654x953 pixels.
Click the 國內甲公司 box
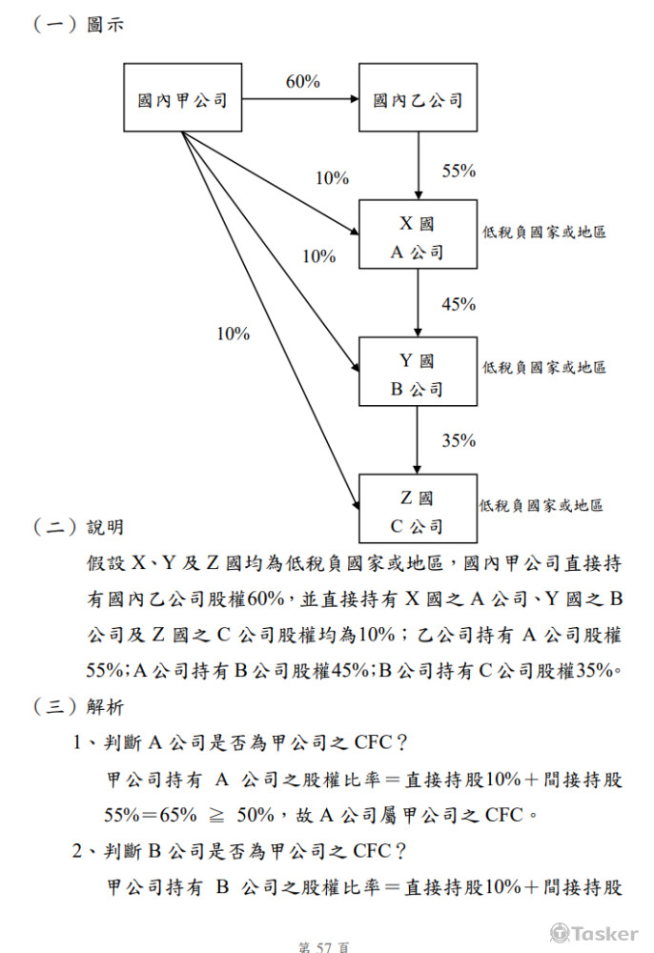pos(183,97)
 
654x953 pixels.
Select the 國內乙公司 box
pos(418,97)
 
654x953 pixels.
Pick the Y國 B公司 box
pos(418,372)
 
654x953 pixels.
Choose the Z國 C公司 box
pos(418,509)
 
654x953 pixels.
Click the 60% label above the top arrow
pos(303,82)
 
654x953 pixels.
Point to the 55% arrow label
pos(459,171)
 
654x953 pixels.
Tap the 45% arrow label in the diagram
pos(459,304)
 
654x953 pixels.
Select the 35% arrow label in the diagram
pos(459,440)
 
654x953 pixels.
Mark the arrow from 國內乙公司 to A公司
pos(419,165)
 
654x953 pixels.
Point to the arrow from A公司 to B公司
pos(419,302)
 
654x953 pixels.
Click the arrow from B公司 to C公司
pos(419,439)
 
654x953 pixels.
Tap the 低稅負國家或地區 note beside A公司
pos(544,232)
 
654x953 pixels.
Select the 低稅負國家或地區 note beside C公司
pos(541,505)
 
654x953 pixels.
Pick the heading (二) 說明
pos(80,527)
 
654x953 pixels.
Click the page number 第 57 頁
pos(324,946)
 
